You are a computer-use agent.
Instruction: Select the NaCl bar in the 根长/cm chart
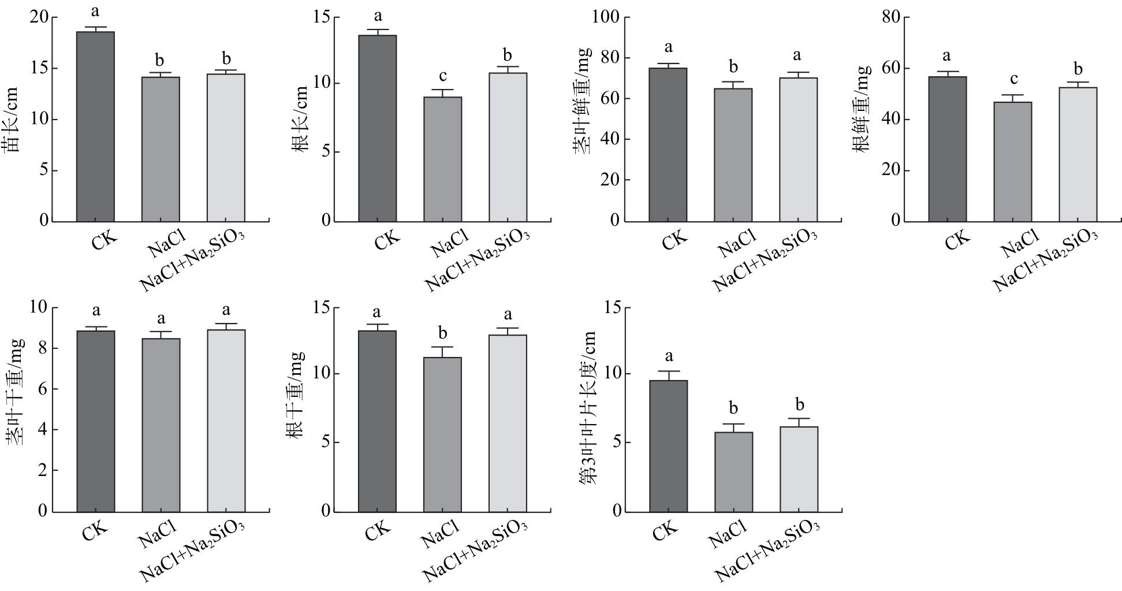pos(442,159)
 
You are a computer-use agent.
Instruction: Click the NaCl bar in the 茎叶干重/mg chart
pos(161,425)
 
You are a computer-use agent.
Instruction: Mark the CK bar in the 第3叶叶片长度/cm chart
pos(668,445)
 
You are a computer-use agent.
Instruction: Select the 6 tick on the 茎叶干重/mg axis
pos(43,389)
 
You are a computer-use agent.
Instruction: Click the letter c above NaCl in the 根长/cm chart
pos(442,76)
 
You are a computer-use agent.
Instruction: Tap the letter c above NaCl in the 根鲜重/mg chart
pos(1013,79)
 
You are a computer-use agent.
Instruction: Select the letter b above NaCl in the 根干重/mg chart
pos(442,334)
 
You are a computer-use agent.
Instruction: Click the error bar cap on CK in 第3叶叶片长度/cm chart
pos(668,371)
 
